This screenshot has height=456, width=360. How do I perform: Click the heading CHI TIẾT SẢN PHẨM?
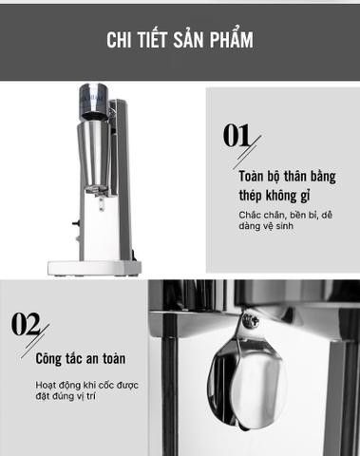180,40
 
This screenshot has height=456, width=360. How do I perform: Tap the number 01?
237,136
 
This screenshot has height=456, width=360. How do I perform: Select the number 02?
26,324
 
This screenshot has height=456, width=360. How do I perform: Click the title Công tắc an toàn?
80,360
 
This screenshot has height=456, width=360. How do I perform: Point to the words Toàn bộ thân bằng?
286,177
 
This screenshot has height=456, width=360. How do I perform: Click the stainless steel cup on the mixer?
96,151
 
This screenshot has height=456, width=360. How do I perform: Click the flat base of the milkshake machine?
95,267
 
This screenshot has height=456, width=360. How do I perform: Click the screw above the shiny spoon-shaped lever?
251,321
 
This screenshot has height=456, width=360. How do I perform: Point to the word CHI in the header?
120,40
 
